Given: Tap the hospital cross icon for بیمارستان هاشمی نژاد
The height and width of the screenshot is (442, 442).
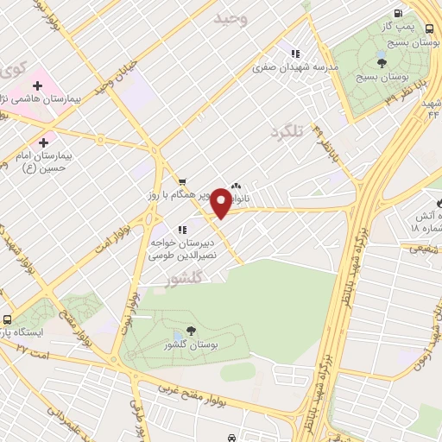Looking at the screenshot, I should click(38, 85).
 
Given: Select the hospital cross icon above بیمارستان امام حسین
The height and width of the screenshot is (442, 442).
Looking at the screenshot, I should click(43, 141).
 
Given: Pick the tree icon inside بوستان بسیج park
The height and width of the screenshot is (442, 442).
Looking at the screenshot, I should click(381, 63).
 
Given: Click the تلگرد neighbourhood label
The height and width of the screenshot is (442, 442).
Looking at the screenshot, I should click(287, 132).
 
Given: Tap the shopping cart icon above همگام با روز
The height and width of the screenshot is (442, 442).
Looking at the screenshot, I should click(181, 181).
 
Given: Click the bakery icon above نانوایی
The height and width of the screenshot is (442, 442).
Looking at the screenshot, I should click(237, 185).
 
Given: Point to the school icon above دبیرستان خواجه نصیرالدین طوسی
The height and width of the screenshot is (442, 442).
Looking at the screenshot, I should click(181, 230).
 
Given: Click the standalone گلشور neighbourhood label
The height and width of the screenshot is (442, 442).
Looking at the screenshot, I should click(182, 280).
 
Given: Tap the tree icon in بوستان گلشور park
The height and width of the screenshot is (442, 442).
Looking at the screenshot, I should click(190, 331).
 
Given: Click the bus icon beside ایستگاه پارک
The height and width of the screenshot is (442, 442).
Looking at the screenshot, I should click(7, 318).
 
